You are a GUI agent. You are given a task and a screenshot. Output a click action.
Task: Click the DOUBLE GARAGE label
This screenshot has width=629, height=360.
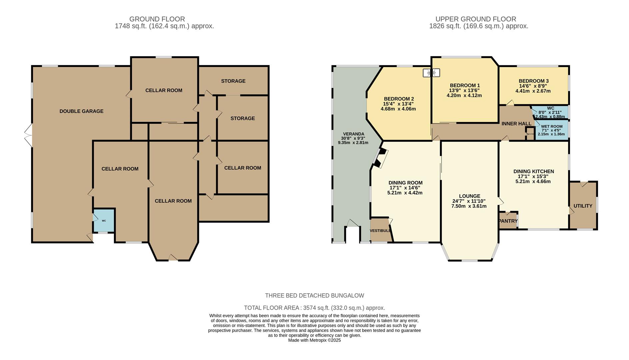point(81,111)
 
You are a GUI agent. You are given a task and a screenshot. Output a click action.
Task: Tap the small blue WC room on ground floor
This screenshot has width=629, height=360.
point(104,220)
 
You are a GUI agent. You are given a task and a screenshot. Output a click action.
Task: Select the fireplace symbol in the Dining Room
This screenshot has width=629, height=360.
point(381,158)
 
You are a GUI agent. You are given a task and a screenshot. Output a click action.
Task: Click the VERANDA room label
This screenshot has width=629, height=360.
point(353,134)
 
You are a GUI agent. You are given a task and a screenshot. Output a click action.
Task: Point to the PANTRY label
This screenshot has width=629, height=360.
point(508,221)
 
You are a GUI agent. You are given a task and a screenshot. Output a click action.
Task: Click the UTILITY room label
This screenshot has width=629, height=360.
point(583,206)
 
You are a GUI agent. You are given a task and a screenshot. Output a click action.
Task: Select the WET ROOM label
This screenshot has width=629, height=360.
point(552,126)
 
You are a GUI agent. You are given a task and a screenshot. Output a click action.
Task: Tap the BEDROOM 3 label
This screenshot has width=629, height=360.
point(533,81)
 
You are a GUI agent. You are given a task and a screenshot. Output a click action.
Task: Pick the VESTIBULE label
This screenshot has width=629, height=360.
point(380,231)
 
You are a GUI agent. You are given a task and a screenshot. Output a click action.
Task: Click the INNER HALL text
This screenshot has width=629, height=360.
point(516,124)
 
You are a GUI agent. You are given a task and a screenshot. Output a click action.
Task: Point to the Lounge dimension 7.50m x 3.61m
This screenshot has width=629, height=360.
point(469,206)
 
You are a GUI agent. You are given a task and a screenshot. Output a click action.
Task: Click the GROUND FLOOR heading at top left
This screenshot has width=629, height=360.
point(157,19)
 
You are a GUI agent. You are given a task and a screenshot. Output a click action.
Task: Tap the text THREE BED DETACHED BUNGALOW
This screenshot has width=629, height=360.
point(314,296)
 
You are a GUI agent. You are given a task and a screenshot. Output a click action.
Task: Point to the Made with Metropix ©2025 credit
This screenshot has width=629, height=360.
point(314,340)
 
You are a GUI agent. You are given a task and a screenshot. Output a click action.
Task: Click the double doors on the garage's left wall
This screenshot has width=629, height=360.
point(29,135)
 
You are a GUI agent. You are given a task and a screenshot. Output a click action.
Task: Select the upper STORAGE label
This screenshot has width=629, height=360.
point(233,81)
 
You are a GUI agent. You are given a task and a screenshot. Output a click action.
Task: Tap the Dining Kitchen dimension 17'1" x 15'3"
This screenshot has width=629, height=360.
point(533,176)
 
